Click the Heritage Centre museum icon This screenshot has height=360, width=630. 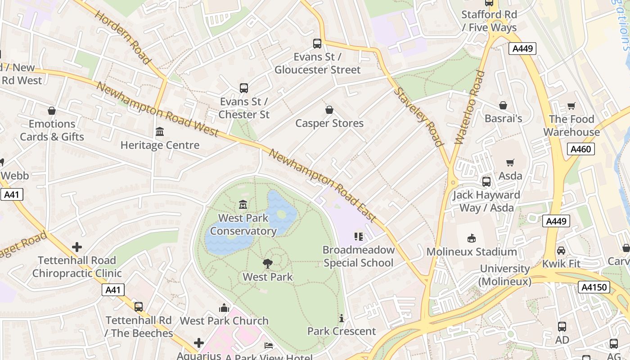(x=160, y=132)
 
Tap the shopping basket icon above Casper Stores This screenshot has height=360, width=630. (x=329, y=110)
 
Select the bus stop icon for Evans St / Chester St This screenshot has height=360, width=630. (x=244, y=88)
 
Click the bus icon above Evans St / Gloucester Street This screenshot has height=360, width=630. (x=317, y=44)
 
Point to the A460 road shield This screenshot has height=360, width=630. (x=580, y=149)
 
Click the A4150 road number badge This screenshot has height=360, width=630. (x=593, y=287)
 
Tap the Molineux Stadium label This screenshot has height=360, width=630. (x=472, y=252)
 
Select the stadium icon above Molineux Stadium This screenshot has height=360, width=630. (x=472, y=238)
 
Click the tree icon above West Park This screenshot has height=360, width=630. (x=268, y=264)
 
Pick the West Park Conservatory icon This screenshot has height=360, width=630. (x=243, y=205)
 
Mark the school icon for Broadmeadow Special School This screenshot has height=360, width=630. (x=358, y=237)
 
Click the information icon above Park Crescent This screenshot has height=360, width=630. (x=341, y=318)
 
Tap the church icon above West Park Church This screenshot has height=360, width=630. (x=224, y=308)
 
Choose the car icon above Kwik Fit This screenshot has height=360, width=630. (x=561, y=251)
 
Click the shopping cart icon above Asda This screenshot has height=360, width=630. (x=510, y=162)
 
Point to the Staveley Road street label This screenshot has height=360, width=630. (x=418, y=117)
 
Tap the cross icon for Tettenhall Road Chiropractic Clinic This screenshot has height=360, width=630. (x=77, y=247)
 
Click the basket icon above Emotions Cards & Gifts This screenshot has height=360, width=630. (x=52, y=111)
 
